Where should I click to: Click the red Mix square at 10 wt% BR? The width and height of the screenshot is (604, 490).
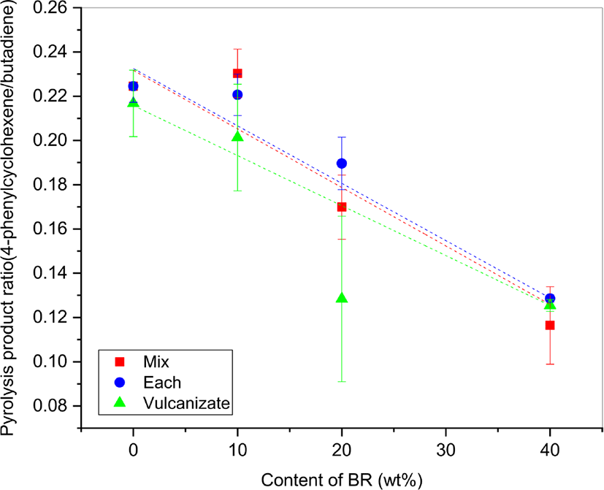237,74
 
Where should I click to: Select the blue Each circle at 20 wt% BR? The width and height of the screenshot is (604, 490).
342,164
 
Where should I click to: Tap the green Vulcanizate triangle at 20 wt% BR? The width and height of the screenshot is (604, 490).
342,297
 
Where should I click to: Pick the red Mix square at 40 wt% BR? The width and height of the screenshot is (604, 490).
550,325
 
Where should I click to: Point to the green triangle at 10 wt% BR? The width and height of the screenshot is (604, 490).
237,136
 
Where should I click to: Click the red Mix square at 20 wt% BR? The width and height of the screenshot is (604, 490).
342,207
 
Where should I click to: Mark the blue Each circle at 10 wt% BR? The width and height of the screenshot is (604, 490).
237,95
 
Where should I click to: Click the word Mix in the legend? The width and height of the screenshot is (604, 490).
156,361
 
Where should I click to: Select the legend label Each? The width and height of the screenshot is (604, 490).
162,383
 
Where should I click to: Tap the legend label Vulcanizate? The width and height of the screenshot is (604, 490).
186,403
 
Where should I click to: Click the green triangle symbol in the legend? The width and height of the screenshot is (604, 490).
121,402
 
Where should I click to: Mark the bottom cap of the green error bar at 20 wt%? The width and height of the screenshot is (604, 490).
342,381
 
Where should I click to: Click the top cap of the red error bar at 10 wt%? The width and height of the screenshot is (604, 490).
237,49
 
